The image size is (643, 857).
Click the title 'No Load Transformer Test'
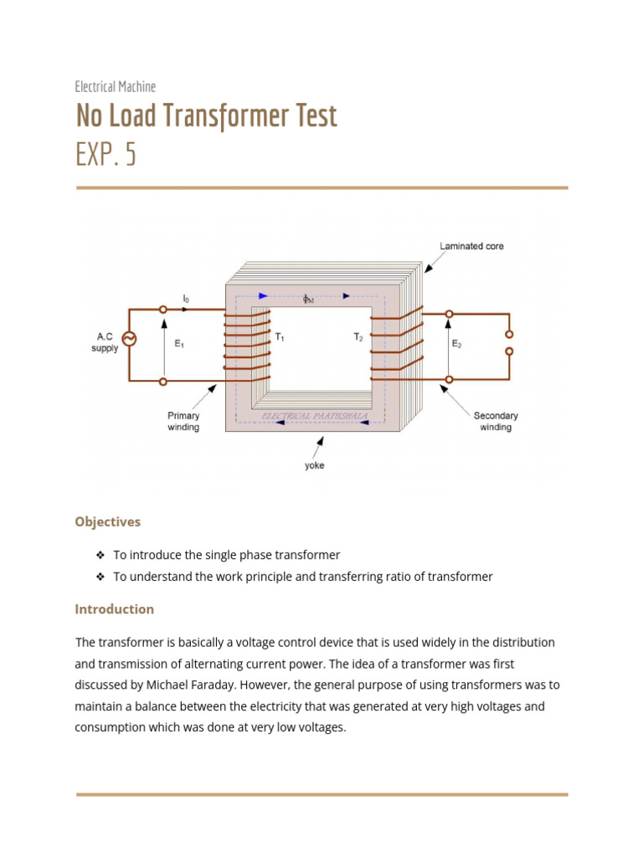[206, 115]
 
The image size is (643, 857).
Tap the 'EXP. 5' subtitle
[105, 156]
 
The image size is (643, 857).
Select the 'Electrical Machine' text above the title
[116, 86]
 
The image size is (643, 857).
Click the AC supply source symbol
[130, 338]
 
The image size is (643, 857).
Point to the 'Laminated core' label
[471, 246]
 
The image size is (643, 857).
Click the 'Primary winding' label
[183, 421]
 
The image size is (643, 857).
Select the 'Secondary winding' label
[496, 421]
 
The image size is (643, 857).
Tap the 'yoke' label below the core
[314, 465]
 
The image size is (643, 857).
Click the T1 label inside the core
[280, 336]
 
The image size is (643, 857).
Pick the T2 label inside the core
[358, 336]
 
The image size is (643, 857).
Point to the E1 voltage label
[179, 343]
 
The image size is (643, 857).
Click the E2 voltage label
[456, 343]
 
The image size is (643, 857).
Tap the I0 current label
[186, 298]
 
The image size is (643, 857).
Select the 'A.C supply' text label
[105, 342]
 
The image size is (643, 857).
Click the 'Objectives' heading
[108, 521]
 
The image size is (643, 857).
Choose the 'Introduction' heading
[115, 609]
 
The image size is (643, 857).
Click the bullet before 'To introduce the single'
[100, 555]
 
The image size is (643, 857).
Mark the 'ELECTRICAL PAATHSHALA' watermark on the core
[315, 416]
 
